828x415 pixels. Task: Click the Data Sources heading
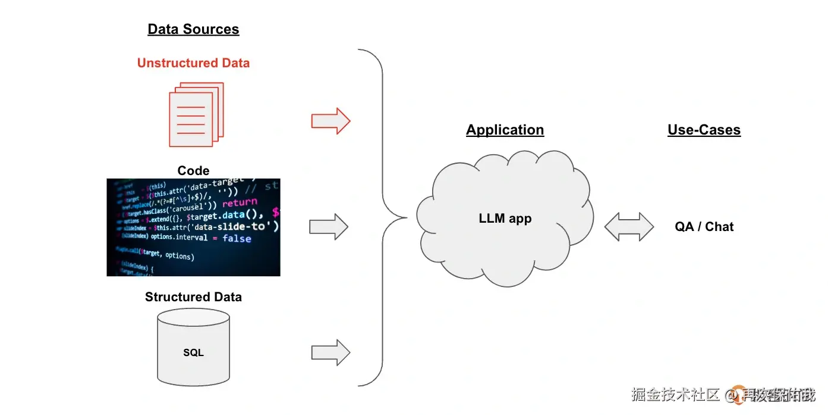click(193, 29)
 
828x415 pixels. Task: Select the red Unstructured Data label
click(193, 63)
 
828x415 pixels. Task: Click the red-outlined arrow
click(330, 121)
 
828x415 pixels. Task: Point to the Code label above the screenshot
click(193, 171)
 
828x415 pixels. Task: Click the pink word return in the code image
click(240, 202)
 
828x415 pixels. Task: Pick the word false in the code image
click(237, 238)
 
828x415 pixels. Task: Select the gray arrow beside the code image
click(328, 227)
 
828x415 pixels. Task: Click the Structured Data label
click(193, 297)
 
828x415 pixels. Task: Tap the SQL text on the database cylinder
click(193, 352)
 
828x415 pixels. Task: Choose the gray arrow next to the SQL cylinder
click(330, 352)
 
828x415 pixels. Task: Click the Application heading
click(505, 130)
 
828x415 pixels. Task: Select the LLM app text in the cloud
click(505, 219)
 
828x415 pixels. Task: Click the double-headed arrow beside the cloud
click(629, 227)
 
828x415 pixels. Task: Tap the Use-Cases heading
click(704, 130)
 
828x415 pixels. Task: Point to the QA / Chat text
click(704, 227)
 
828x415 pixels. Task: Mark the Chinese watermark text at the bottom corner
click(722, 394)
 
